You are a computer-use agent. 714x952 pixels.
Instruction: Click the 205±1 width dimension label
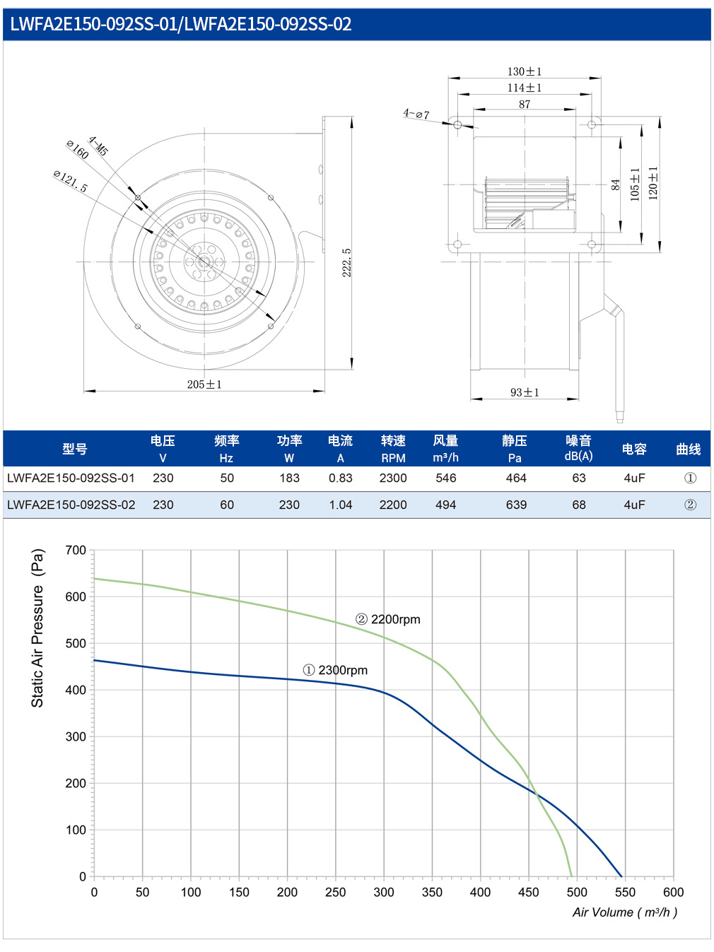[x=204, y=384]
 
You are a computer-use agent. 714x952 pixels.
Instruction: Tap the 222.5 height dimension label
[x=346, y=263]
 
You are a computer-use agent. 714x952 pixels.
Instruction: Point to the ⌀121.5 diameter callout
[x=70, y=182]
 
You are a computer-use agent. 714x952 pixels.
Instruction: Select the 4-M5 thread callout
[x=98, y=146]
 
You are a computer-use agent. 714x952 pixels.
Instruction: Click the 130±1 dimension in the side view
[x=525, y=71]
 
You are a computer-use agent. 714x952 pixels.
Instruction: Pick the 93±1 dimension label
[x=525, y=392]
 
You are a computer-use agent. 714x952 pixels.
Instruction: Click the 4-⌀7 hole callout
[x=416, y=114]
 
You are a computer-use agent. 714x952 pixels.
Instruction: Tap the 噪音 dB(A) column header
[x=578, y=449]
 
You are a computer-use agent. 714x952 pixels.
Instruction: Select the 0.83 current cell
[x=341, y=478]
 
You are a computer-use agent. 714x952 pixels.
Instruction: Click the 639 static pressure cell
[x=516, y=505]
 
